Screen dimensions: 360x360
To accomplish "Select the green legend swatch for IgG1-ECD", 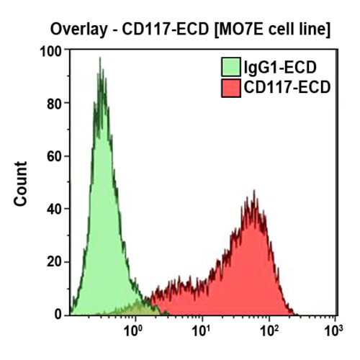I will [231, 68].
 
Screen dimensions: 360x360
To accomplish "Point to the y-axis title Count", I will [22, 184].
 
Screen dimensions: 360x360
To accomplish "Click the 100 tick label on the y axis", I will [50, 51].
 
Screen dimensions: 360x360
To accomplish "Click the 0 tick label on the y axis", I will [58, 315].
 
